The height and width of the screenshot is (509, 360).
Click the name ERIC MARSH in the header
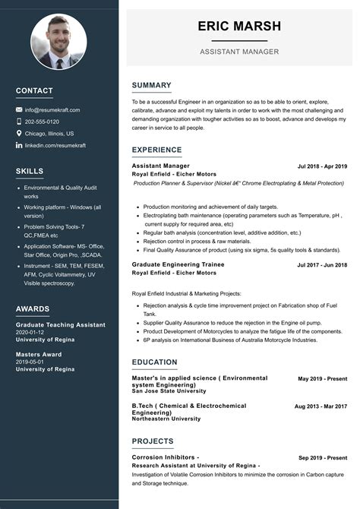click(239, 26)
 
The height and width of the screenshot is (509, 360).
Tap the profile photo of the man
click(58, 42)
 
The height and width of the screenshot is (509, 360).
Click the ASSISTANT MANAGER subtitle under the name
click(239, 52)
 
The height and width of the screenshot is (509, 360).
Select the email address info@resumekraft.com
click(52, 110)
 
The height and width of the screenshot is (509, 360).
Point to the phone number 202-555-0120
click(42, 122)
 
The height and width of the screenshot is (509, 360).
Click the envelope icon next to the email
click(19, 110)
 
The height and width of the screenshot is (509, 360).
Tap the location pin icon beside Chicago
click(19, 133)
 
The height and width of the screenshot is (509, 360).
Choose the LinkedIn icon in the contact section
click(19, 145)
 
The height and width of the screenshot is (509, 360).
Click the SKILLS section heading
click(30, 171)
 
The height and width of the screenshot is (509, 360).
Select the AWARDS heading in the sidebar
click(33, 309)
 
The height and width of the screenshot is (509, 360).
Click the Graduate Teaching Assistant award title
click(61, 325)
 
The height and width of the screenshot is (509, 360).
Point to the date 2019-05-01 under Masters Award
click(30, 362)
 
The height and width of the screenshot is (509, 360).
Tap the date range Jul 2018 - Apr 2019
click(322, 166)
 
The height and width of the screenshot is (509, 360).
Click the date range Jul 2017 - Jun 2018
click(322, 265)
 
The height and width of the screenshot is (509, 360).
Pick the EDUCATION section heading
click(154, 362)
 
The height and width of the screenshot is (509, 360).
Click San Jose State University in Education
click(169, 391)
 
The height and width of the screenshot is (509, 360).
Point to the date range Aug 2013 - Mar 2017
click(321, 406)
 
